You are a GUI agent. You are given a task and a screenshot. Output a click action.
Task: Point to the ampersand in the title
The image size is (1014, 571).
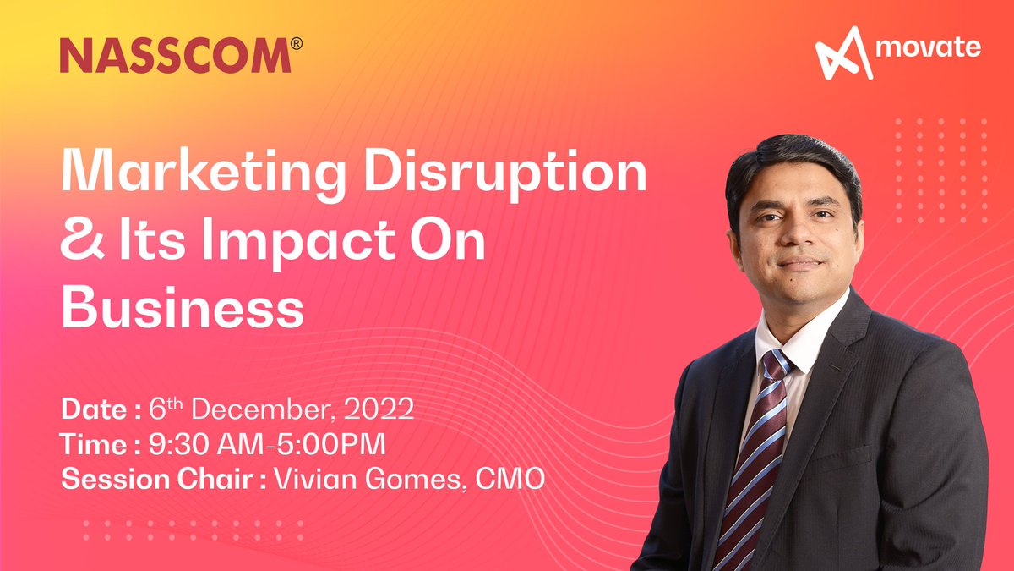click(x=81, y=242)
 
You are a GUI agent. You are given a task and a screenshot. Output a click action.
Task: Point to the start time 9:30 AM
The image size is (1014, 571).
click(x=196, y=445)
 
